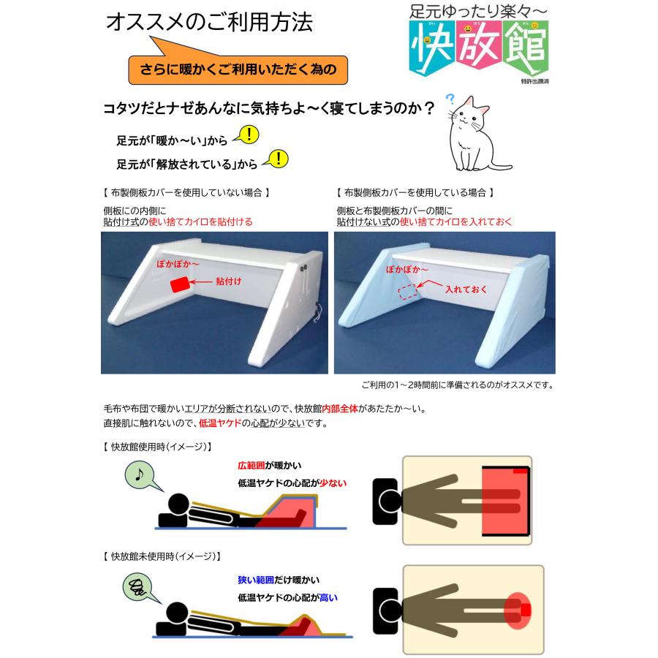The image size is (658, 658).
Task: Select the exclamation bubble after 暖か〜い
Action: (249, 135)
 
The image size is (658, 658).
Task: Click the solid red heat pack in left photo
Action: (179, 285)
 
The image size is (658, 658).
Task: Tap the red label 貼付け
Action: (229, 280)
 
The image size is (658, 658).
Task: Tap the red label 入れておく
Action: (466, 290)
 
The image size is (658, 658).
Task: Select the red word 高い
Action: (328, 597)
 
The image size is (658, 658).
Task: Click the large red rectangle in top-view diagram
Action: (504, 501)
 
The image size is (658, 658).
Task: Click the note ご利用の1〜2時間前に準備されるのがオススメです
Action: (456, 385)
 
